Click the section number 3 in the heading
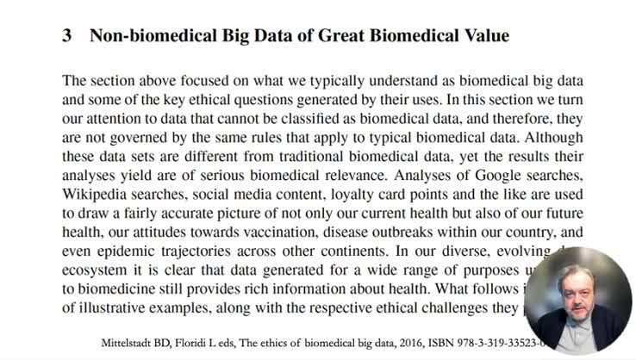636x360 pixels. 66,36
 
